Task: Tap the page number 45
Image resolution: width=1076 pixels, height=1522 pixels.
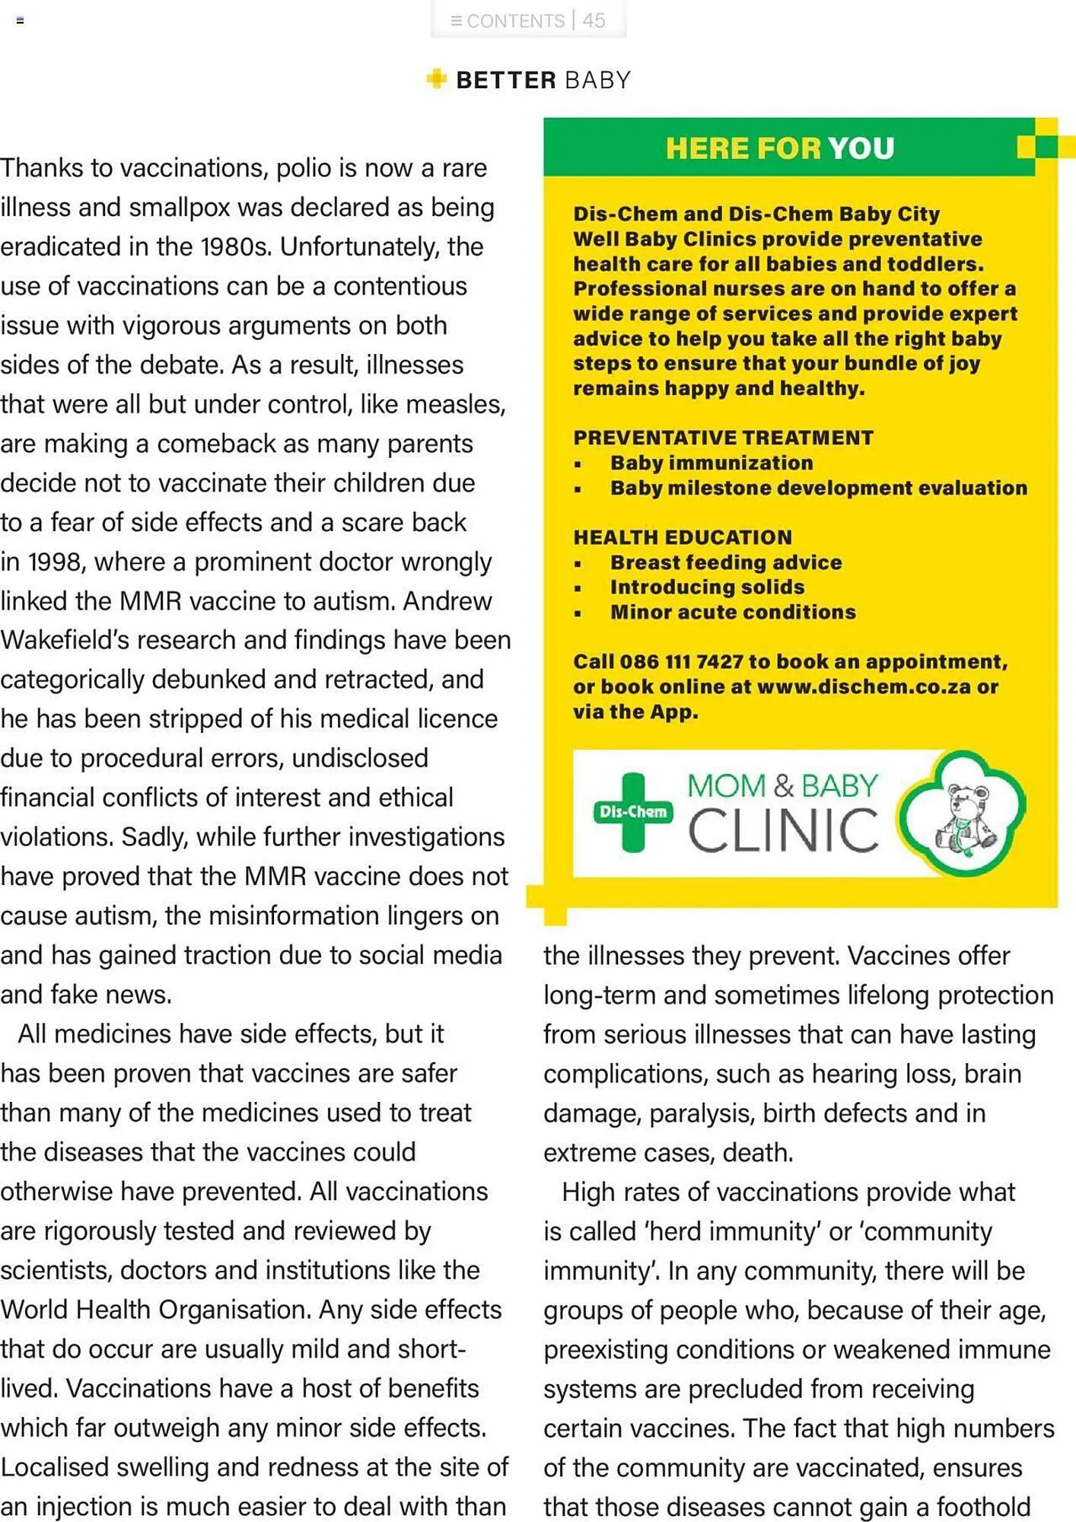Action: coord(594,21)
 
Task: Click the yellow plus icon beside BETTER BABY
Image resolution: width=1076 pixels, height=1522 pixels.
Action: coord(437,78)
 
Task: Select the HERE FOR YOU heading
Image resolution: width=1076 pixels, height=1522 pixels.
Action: coord(780,148)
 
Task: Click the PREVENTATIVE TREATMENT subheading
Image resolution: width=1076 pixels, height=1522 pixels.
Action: coord(723,438)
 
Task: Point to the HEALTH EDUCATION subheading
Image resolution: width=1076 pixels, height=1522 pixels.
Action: coord(683,537)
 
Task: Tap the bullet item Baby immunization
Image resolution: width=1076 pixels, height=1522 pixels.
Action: coord(711,463)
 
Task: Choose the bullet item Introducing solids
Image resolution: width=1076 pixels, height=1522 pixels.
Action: coord(707,587)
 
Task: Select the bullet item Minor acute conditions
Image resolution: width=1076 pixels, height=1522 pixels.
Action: coord(733,612)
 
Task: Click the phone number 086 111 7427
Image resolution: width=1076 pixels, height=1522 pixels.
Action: coord(681,661)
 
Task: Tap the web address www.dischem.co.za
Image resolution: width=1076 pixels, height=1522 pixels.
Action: coord(864,686)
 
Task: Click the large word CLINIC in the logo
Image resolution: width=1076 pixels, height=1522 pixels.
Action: coord(783,830)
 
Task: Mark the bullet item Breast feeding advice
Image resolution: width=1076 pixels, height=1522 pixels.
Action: coord(726,562)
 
